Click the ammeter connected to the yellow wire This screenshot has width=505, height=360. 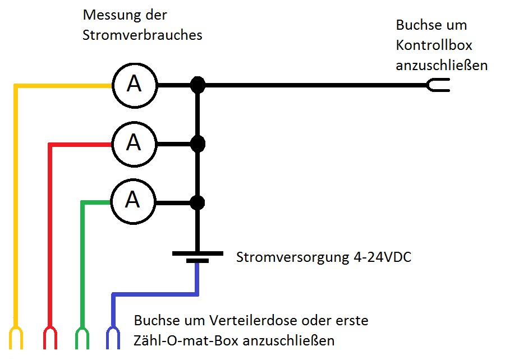[134, 85]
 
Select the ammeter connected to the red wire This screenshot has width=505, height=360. [134, 144]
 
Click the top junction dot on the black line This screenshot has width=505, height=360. [197, 85]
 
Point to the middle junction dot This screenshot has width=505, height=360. [197, 144]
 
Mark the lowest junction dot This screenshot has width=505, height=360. [197, 202]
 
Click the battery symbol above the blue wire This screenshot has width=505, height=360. [197, 257]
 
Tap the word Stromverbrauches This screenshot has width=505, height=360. [142, 35]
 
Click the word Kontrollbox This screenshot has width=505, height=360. [434, 45]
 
